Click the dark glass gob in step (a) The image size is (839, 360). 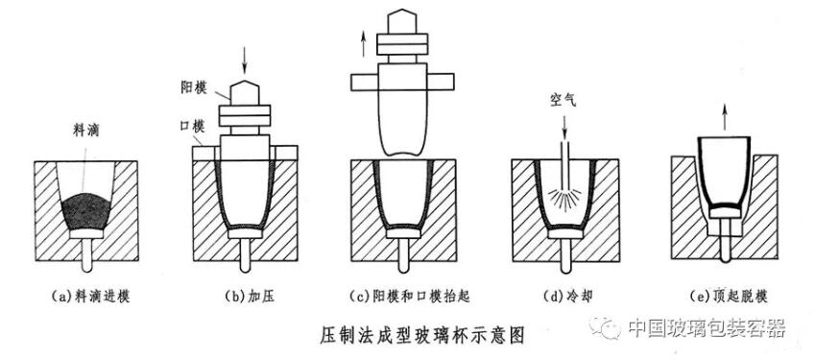pos(86,212)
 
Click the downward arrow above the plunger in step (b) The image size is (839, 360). pos(245,60)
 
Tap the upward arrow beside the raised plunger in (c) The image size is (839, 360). pos(363,43)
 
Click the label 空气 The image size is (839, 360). pos(563,99)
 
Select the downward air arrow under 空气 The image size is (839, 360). pos(563,127)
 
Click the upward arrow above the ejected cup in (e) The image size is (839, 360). pos(725,117)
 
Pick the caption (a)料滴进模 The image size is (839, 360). pos(91,297)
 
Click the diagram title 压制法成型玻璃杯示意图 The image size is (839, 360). pos(422,335)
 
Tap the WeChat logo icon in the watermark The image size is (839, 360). pos(605,326)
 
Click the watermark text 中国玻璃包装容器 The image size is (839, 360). pos(707,326)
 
